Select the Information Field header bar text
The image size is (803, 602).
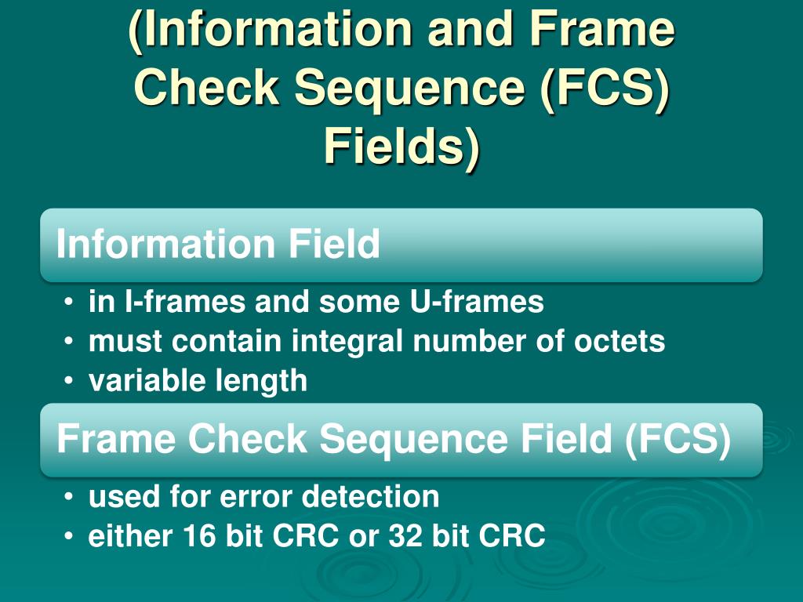pyautogui.click(x=218, y=245)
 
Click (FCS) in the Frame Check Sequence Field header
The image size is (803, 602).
pyautogui.click(x=678, y=439)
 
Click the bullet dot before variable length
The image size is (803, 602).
pyautogui.click(x=71, y=382)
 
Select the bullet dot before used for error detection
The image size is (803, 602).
pyautogui.click(x=71, y=497)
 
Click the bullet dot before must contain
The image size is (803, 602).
pyautogui.click(x=71, y=342)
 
